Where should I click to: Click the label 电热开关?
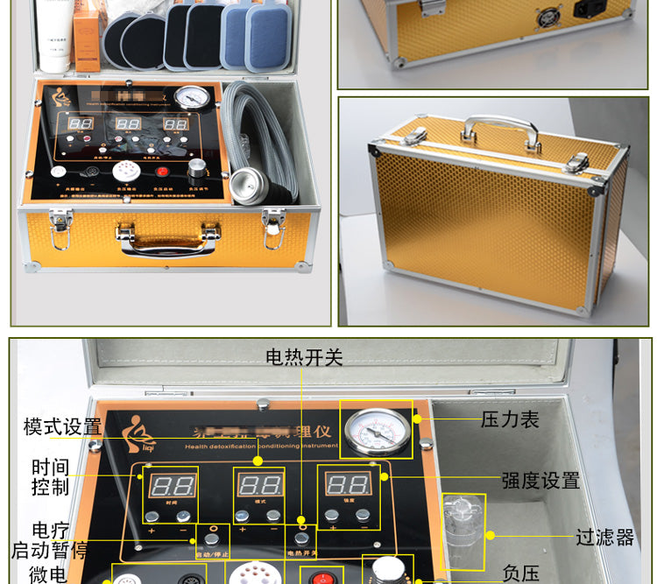tap(304, 357)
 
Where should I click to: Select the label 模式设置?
tap(62, 427)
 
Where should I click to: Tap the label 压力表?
tap(510, 419)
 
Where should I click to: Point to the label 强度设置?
tap(540, 481)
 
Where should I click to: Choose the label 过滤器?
tap(604, 537)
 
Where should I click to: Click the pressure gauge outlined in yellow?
tap(378, 429)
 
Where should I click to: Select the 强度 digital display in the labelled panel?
tap(348, 483)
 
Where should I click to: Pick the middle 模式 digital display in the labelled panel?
tap(260, 484)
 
